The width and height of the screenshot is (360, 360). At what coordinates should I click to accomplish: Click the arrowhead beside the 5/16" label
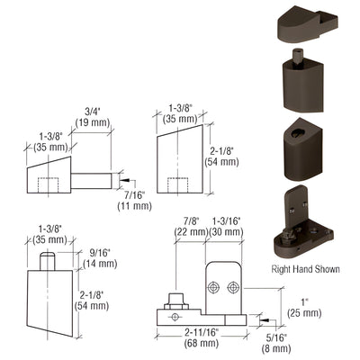point(260,319)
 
